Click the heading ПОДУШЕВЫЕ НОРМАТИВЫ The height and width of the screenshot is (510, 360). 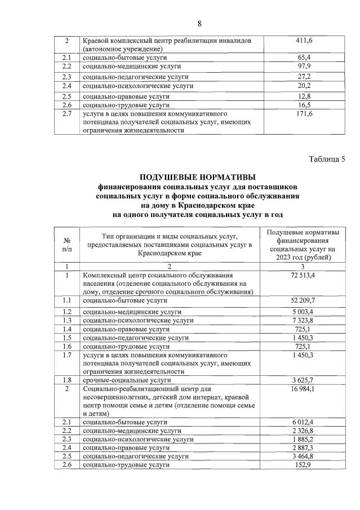click(x=197, y=178)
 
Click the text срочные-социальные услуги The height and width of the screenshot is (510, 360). click(x=126, y=380)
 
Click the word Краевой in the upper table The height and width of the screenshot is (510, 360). click(x=96, y=41)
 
